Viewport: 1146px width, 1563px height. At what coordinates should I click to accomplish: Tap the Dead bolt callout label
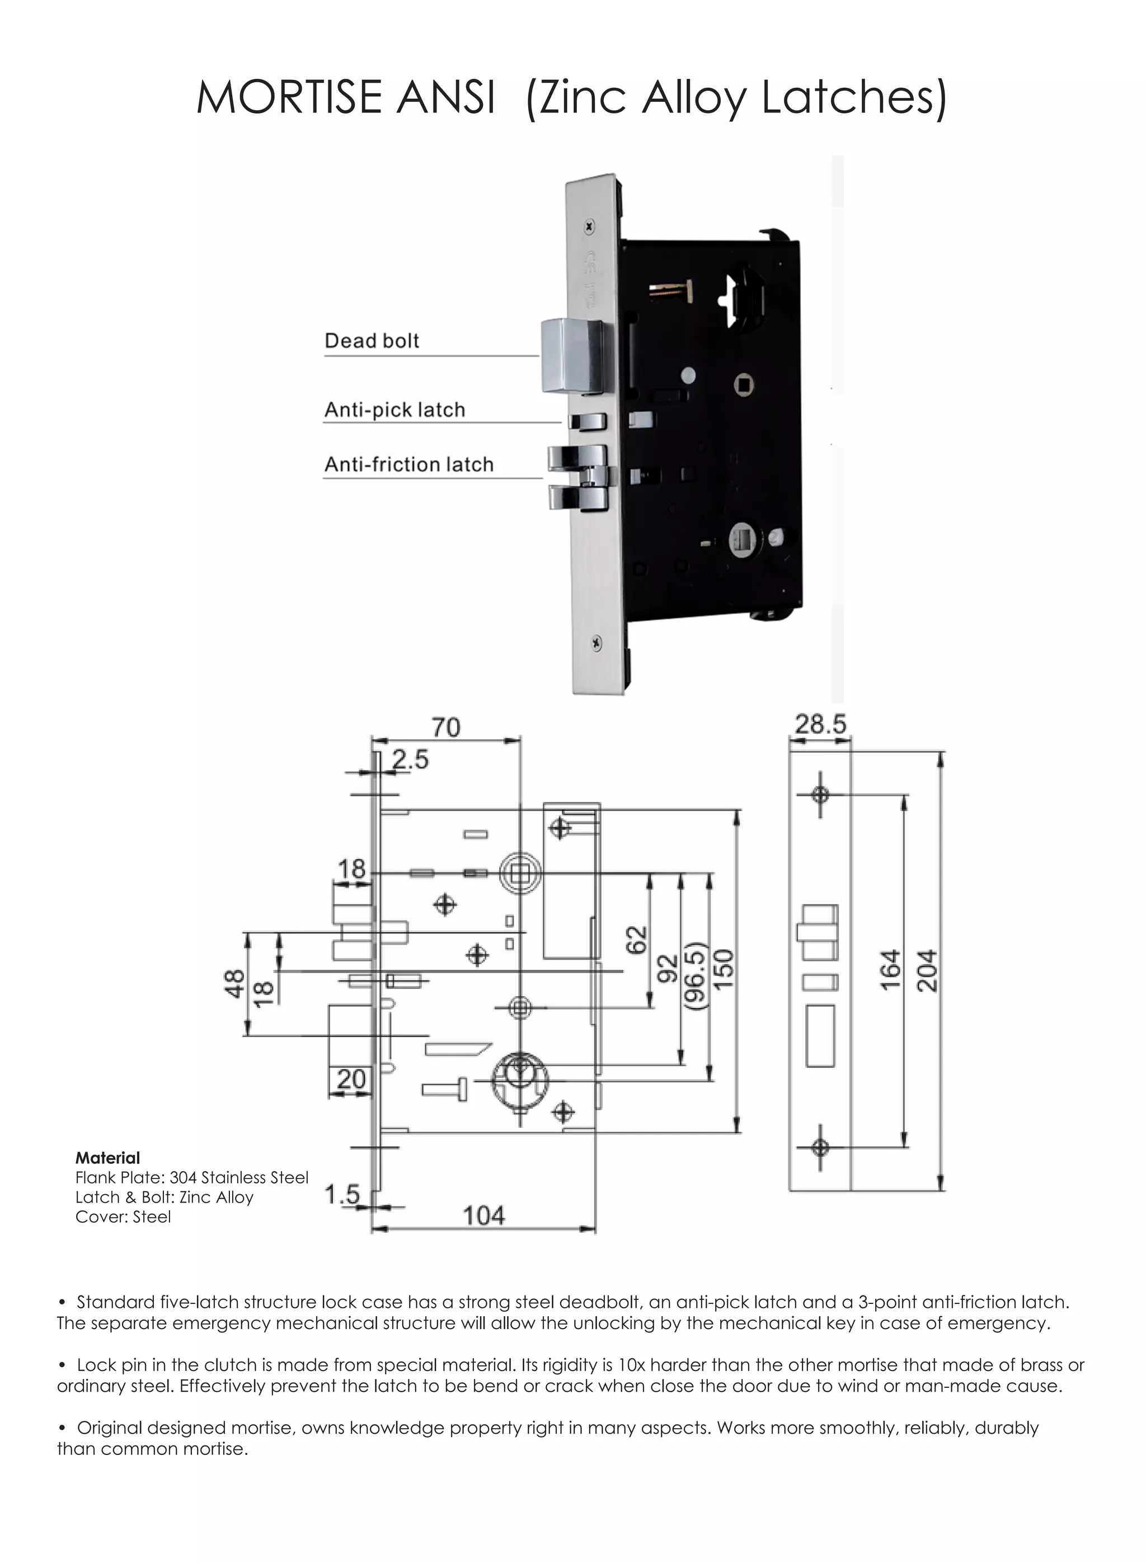click(x=372, y=341)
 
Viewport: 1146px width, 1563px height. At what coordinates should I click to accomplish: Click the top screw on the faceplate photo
click(x=590, y=226)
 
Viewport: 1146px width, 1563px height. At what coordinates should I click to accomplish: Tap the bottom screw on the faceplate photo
click(x=597, y=643)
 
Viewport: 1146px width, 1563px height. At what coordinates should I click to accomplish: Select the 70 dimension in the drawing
click(x=445, y=727)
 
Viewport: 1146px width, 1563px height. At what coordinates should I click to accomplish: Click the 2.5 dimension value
click(x=410, y=759)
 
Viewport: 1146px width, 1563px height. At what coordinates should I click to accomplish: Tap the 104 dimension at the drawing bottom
click(x=483, y=1215)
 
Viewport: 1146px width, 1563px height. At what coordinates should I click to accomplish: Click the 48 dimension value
click(x=234, y=983)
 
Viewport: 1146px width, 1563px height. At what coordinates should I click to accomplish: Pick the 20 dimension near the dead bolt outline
click(x=351, y=1079)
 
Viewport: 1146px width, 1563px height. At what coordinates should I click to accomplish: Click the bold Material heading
click(x=107, y=1158)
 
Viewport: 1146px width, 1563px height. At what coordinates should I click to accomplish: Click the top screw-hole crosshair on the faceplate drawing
click(x=820, y=794)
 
